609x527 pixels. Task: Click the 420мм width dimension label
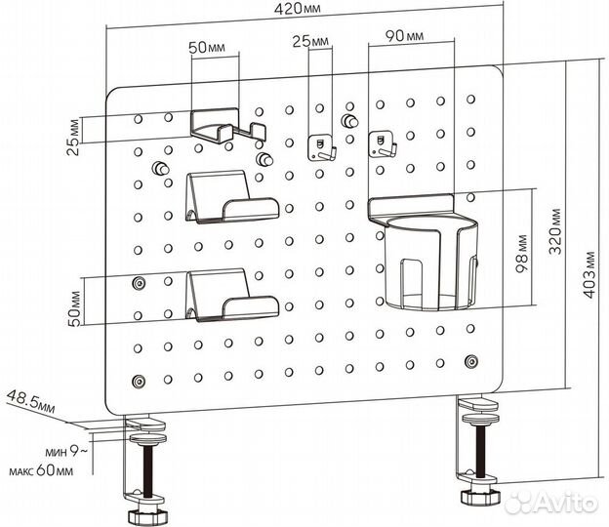tap(298, 9)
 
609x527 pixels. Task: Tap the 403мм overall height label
tap(589, 274)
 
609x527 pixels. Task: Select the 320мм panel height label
tap(555, 231)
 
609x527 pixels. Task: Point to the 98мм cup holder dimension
tap(522, 254)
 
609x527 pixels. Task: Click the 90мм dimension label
tap(404, 36)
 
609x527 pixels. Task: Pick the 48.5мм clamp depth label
tap(31, 401)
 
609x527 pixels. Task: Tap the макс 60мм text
tap(41, 471)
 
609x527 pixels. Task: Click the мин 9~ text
tap(66, 451)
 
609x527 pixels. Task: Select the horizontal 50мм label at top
tap(207, 48)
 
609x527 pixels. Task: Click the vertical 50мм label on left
tap(75, 308)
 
